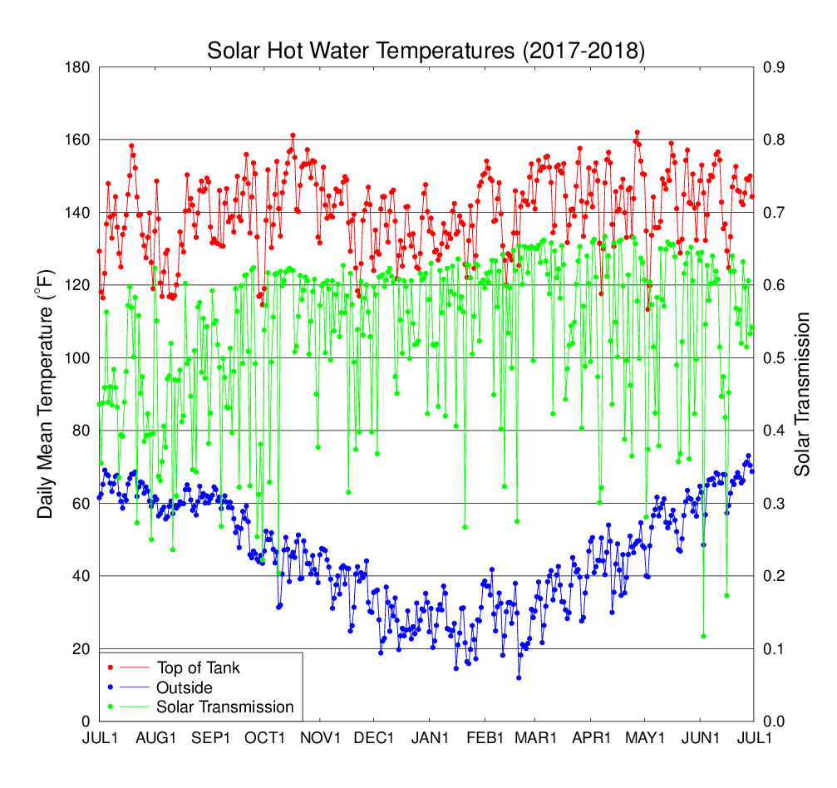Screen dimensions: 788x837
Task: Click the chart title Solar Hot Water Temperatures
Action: (426, 51)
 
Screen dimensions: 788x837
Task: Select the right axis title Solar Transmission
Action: (802, 394)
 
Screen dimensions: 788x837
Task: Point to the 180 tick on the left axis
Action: (79, 67)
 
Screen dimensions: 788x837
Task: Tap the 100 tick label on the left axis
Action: (79, 358)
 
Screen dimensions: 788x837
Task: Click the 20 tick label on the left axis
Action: (82, 649)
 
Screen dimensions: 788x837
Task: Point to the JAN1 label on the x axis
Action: (430, 739)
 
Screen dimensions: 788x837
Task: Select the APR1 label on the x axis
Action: (592, 739)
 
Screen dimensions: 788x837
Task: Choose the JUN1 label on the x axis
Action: (702, 739)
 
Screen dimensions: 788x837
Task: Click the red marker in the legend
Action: (111, 667)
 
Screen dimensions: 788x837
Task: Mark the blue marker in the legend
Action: (111, 687)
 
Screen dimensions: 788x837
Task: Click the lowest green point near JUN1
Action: (703, 636)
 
